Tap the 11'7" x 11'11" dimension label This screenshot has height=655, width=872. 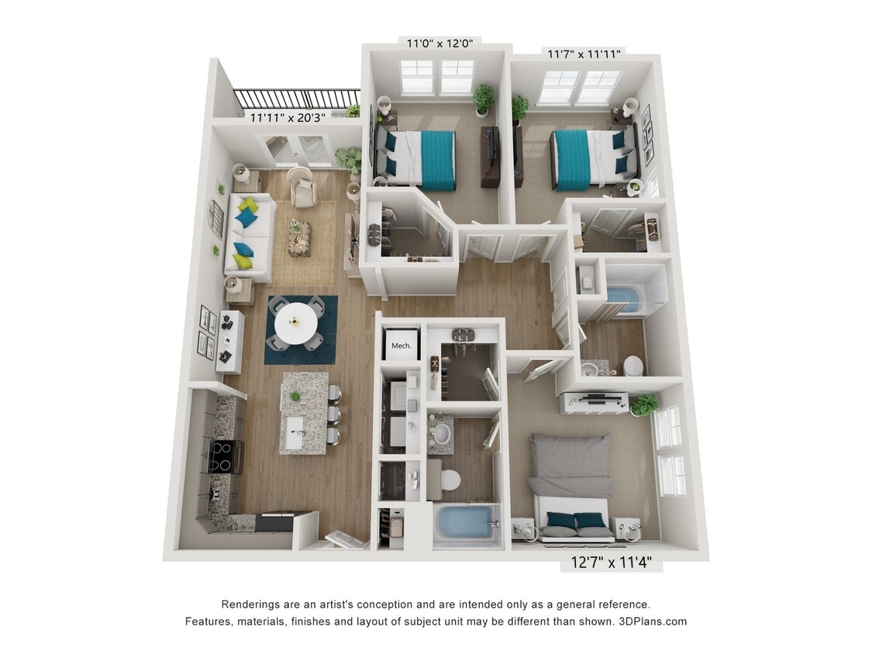point(585,54)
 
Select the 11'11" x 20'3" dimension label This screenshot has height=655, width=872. point(287,118)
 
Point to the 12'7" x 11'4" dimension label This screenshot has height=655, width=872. point(612,563)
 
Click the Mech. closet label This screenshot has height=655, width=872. point(401,345)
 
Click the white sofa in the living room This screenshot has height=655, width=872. point(250,236)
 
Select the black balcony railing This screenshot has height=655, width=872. point(297,99)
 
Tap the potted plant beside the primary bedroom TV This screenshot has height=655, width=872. point(643,404)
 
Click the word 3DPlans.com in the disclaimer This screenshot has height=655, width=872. point(654,622)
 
